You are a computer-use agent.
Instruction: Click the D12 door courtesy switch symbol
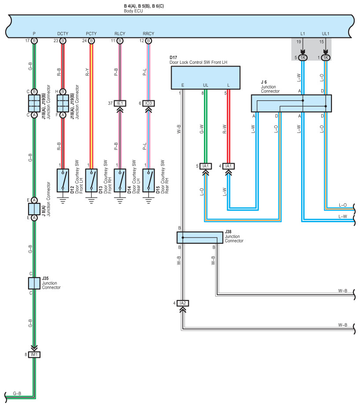click(x=63, y=180)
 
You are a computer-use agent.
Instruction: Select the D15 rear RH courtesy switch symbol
click(x=148, y=180)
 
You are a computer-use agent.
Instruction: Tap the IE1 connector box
click(x=120, y=103)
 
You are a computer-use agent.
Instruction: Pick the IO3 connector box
click(x=148, y=103)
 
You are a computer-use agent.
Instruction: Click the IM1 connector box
click(x=34, y=355)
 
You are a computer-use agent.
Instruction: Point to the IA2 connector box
click(x=183, y=303)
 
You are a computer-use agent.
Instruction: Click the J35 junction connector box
click(x=34, y=283)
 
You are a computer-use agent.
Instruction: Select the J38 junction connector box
click(x=200, y=238)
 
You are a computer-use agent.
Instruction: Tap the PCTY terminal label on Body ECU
click(x=91, y=34)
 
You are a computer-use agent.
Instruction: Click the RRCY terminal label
click(x=148, y=34)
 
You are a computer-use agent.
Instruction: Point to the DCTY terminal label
click(x=63, y=34)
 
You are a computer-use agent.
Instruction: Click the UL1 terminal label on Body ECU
click(x=326, y=34)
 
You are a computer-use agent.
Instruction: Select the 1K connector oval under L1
click(x=303, y=58)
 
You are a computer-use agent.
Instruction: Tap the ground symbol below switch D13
click(x=92, y=200)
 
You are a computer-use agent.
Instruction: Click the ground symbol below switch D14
click(x=120, y=200)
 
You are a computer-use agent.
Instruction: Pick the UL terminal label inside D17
click(x=206, y=85)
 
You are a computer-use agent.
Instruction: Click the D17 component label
click(x=173, y=57)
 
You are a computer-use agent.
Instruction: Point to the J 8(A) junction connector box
click(x=34, y=209)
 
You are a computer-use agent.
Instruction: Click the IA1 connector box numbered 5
click(x=206, y=166)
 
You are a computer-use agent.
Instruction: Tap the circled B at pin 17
click(x=34, y=41)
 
